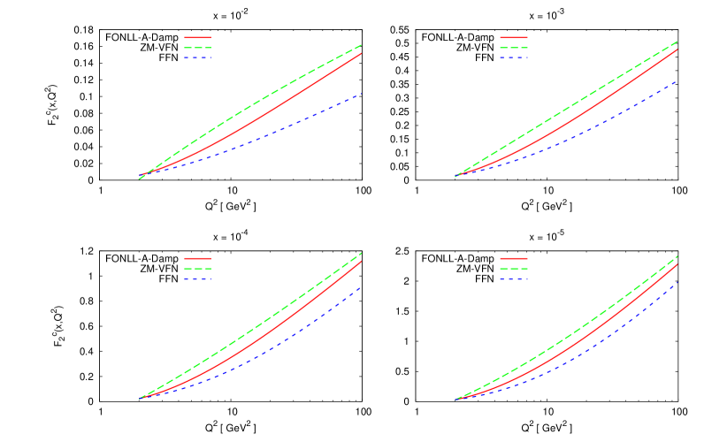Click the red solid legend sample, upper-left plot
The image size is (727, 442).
(197, 38)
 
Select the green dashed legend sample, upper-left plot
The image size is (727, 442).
(197, 48)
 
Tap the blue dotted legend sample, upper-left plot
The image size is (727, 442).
(197, 58)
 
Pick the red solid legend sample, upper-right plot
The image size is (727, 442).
(513, 38)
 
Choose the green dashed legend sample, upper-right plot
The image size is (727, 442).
(513, 48)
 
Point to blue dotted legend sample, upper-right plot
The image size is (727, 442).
(513, 58)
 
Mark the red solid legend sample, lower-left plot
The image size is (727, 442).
(197, 259)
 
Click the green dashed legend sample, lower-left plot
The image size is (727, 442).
(197, 269)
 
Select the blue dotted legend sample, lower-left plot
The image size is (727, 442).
(197, 279)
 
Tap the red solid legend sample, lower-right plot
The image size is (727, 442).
(513, 259)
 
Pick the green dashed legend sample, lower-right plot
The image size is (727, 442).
(513, 269)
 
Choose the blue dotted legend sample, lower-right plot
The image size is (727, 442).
(513, 279)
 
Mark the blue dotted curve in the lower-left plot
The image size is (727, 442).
(292, 337)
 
